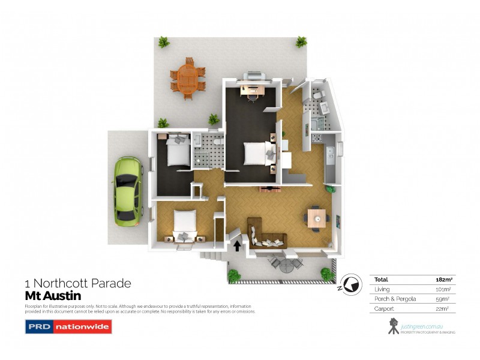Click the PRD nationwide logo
[x=68, y=327]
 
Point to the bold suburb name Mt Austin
[x=52, y=296]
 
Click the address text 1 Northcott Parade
[x=77, y=283]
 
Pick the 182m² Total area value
[x=443, y=280]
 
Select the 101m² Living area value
[x=443, y=289]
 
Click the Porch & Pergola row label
[x=392, y=299]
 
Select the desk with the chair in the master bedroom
[x=251, y=91]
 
